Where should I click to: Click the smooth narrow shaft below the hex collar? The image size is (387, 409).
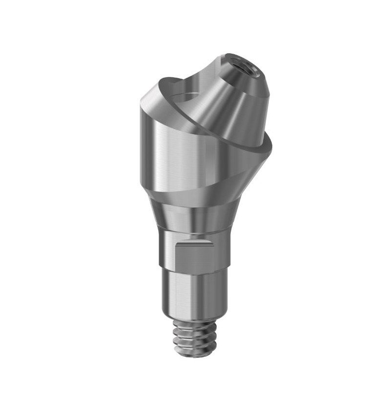pos(195,293)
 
